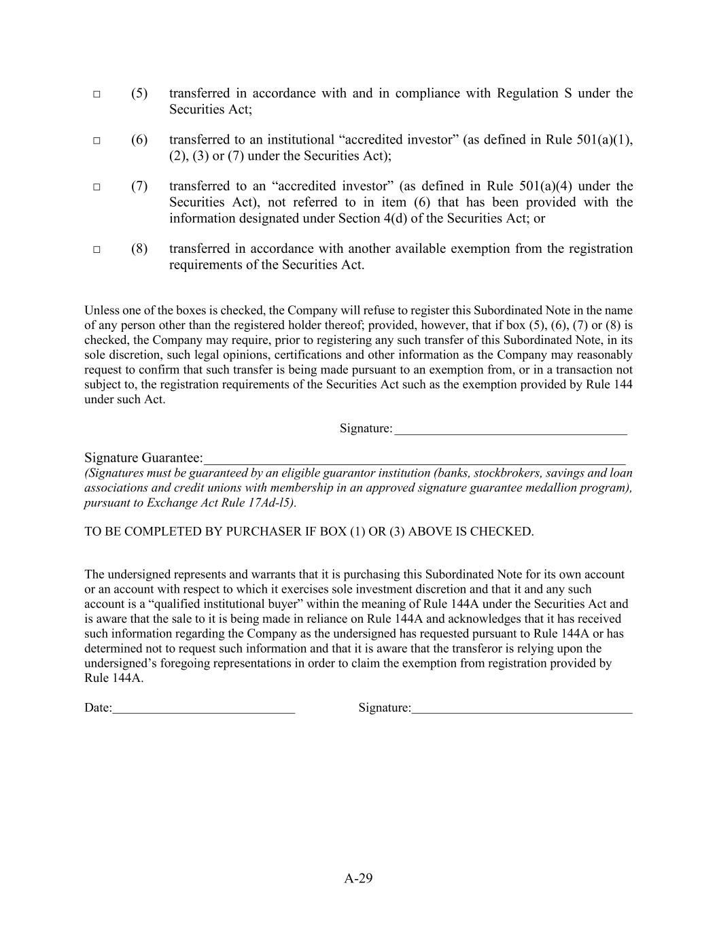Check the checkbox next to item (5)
(97, 94)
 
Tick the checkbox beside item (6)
(97, 140)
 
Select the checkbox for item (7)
(97, 186)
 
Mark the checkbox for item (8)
(97, 249)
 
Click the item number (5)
(139, 93)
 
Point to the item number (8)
(139, 248)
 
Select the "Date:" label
(98, 708)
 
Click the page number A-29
(358, 878)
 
